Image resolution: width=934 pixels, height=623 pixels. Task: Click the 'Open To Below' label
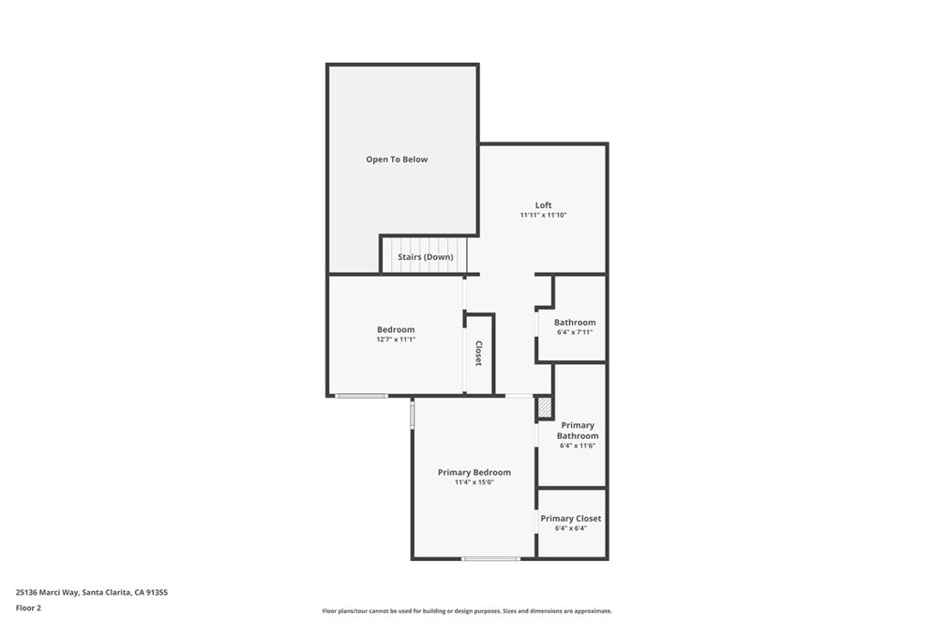pos(397,160)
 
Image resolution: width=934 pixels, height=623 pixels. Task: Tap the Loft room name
pos(544,205)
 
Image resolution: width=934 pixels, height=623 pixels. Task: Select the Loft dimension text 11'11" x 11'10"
pos(544,215)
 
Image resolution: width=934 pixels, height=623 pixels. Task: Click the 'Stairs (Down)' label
pos(425,257)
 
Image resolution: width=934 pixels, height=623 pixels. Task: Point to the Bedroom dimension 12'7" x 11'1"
pos(396,339)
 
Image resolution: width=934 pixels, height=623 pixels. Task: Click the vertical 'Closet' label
pos(478,353)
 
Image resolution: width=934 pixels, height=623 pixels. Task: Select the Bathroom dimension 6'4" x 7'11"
pos(575,332)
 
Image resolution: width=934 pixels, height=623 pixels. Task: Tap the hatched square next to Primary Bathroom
pos(545,408)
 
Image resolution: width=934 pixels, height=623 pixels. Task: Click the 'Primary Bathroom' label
pos(577,431)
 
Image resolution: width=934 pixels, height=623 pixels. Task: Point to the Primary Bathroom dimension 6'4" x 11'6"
pos(577,446)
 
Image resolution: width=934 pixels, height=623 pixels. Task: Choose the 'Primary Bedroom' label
pos(474,472)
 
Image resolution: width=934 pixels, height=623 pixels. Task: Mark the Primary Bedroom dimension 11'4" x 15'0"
pos(474,483)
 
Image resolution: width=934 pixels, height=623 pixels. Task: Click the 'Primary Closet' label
pos(571,519)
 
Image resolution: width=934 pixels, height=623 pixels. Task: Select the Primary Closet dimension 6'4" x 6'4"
pos(571,528)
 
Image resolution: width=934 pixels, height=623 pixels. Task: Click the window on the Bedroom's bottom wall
pos(361,396)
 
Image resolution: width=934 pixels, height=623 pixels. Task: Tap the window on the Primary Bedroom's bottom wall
pos(491,558)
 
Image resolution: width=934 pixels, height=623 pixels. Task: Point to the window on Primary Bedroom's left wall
pos(412,415)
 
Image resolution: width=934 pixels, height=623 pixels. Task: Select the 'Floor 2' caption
pos(28,607)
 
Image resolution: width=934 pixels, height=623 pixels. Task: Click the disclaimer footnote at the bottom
pos(467,611)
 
